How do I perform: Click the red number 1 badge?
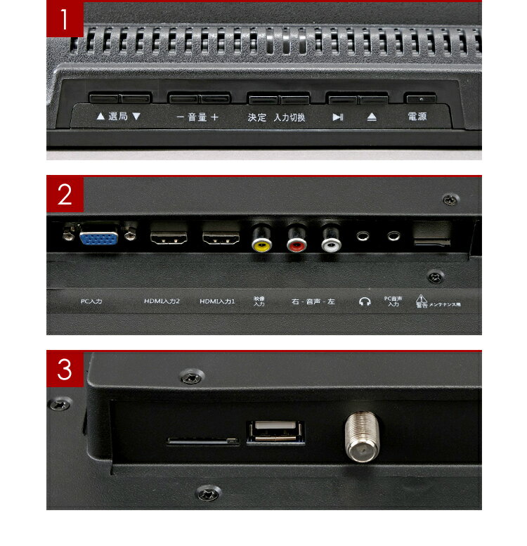[x=65, y=19]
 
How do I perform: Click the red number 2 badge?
[x=65, y=195]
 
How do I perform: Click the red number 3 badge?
[x=65, y=370]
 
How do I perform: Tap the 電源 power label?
[x=417, y=117]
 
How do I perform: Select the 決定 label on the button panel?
[x=257, y=117]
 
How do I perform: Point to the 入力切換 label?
[x=289, y=117]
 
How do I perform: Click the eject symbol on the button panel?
[x=372, y=117]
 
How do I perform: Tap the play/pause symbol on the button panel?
[x=338, y=117]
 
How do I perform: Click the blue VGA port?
[x=98, y=237]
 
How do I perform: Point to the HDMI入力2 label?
[x=162, y=301]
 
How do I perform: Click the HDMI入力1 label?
[x=217, y=301]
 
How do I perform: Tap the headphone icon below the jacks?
[x=364, y=301]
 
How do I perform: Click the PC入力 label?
[x=91, y=301]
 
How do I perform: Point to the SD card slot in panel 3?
[x=202, y=442]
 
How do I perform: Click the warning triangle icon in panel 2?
[x=421, y=298]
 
